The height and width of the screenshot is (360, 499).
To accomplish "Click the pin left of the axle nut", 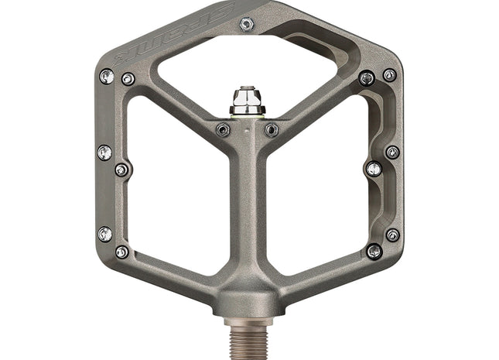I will (x=224, y=129).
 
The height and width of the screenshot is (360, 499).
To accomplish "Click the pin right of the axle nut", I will (x=272, y=129).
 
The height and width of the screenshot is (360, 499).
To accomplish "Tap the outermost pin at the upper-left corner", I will (x=107, y=76).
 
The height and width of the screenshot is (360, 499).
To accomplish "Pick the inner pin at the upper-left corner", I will (x=128, y=79).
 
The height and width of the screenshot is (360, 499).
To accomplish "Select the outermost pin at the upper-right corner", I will (x=389, y=75).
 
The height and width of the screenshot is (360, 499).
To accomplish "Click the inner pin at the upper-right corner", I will (x=367, y=77).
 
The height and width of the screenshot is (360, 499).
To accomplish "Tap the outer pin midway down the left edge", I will (x=104, y=153).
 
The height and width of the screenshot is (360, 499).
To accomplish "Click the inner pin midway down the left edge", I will (x=121, y=170).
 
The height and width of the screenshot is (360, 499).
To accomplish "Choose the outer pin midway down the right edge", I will (x=392, y=152).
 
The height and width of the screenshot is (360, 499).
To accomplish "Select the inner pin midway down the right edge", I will (x=374, y=169).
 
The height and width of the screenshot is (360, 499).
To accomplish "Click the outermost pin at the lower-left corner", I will (x=105, y=233).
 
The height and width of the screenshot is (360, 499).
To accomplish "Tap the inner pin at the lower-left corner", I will (x=122, y=252).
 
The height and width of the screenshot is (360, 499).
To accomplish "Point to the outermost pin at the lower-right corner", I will (x=392, y=235).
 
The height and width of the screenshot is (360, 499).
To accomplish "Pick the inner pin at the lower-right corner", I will (x=374, y=251).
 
